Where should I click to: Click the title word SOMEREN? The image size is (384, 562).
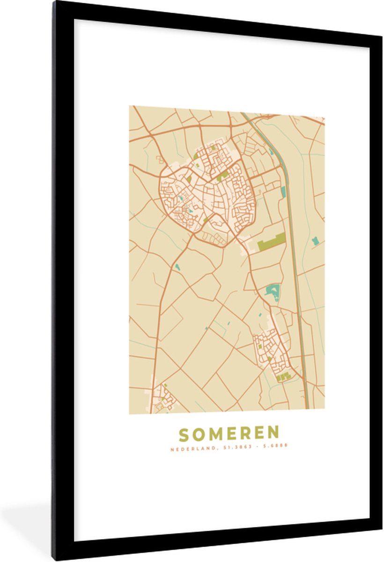click(229, 434)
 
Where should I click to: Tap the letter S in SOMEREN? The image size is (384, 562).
click(184, 434)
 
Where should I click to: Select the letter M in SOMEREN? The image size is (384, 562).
click(214, 434)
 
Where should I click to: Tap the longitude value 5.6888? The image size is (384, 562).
click(275, 446)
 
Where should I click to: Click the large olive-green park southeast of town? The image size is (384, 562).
click(272, 242)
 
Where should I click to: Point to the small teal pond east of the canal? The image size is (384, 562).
click(315, 241)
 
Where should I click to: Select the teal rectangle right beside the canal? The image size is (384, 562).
click(283, 192)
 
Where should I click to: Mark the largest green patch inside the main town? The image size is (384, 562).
click(223, 175)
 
